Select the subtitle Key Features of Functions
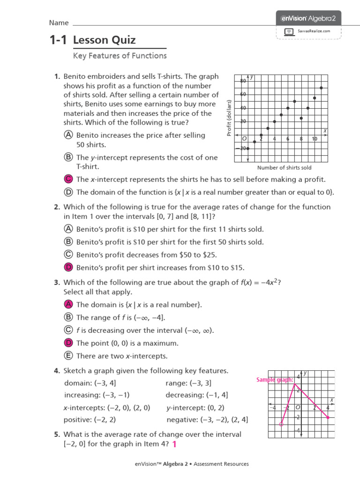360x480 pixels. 120,56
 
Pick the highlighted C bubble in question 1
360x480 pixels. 68,179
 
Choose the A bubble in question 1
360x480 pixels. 68,135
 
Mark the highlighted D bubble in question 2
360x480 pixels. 68,268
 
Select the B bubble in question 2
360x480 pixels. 68,242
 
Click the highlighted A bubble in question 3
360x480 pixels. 68,305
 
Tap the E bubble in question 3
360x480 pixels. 68,356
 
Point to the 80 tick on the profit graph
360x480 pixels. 243,81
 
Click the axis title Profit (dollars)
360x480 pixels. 229,118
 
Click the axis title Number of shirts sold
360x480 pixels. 284,167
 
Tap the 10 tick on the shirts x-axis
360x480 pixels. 315,139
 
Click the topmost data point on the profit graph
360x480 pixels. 321,88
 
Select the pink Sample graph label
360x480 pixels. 275,380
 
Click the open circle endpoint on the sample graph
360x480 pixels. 281,424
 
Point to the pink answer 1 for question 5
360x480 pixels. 174,444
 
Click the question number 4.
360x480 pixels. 57,371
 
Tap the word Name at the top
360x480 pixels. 59,22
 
